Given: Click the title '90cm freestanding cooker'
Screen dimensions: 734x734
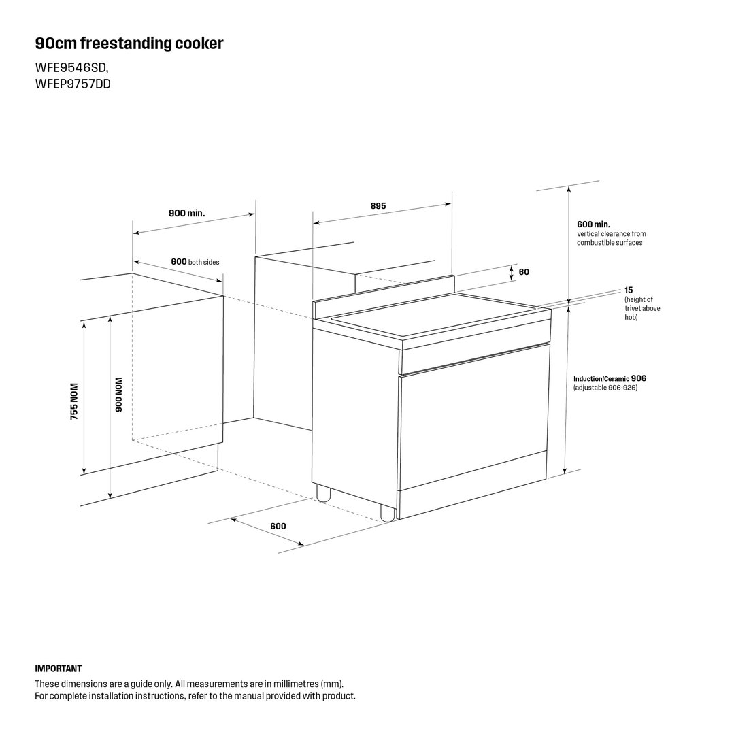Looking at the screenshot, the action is click(x=129, y=44).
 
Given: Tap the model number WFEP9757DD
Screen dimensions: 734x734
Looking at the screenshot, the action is click(x=73, y=84).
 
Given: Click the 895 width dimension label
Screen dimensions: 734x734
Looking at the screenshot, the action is click(x=378, y=206).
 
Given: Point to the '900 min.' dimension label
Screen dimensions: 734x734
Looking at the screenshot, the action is click(x=187, y=214).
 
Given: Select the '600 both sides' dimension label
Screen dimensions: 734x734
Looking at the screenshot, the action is click(x=195, y=262).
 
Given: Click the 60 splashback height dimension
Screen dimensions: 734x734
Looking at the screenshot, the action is click(x=524, y=272).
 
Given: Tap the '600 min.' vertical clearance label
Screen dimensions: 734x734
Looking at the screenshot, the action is click(x=593, y=224).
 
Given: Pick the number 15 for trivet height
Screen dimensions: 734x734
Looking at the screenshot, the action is click(x=629, y=290).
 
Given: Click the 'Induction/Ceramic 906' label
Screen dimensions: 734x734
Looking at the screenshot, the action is click(x=610, y=378).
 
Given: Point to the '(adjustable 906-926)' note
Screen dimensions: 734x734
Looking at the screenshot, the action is click(x=605, y=388).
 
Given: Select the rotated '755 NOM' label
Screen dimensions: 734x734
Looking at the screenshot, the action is click(x=74, y=401).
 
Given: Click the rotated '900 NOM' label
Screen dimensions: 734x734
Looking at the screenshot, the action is click(x=118, y=395).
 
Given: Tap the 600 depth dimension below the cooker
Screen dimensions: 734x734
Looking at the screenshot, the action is click(x=278, y=526).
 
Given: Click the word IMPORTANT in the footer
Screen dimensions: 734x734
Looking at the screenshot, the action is click(x=58, y=669).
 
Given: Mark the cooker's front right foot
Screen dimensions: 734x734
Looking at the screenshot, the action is click(x=388, y=513).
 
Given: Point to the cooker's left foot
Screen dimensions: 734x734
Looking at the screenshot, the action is click(x=323, y=493).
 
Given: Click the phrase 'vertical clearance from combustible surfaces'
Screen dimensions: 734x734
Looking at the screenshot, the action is click(x=612, y=238).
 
